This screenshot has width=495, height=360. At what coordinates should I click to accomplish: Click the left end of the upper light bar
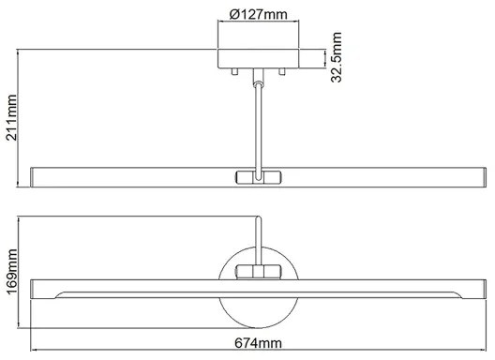(36, 176)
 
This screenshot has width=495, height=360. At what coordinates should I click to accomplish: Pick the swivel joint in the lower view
(258, 272)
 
